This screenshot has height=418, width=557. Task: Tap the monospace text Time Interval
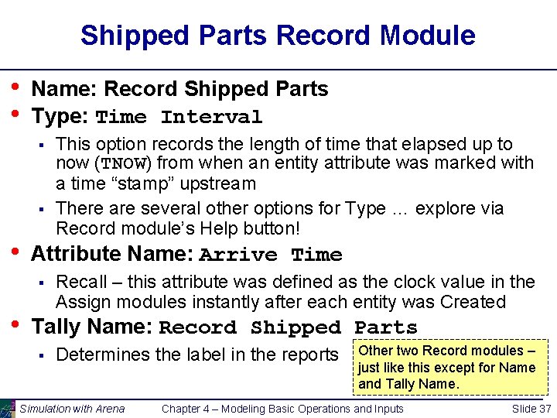click(x=179, y=118)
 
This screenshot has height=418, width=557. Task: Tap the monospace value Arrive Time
click(x=271, y=255)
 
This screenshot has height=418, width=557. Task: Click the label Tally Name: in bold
click(x=92, y=327)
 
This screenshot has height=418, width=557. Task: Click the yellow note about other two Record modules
click(x=447, y=367)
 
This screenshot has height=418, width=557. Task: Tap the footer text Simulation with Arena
click(x=72, y=409)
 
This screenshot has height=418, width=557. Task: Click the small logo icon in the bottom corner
click(x=8, y=409)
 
